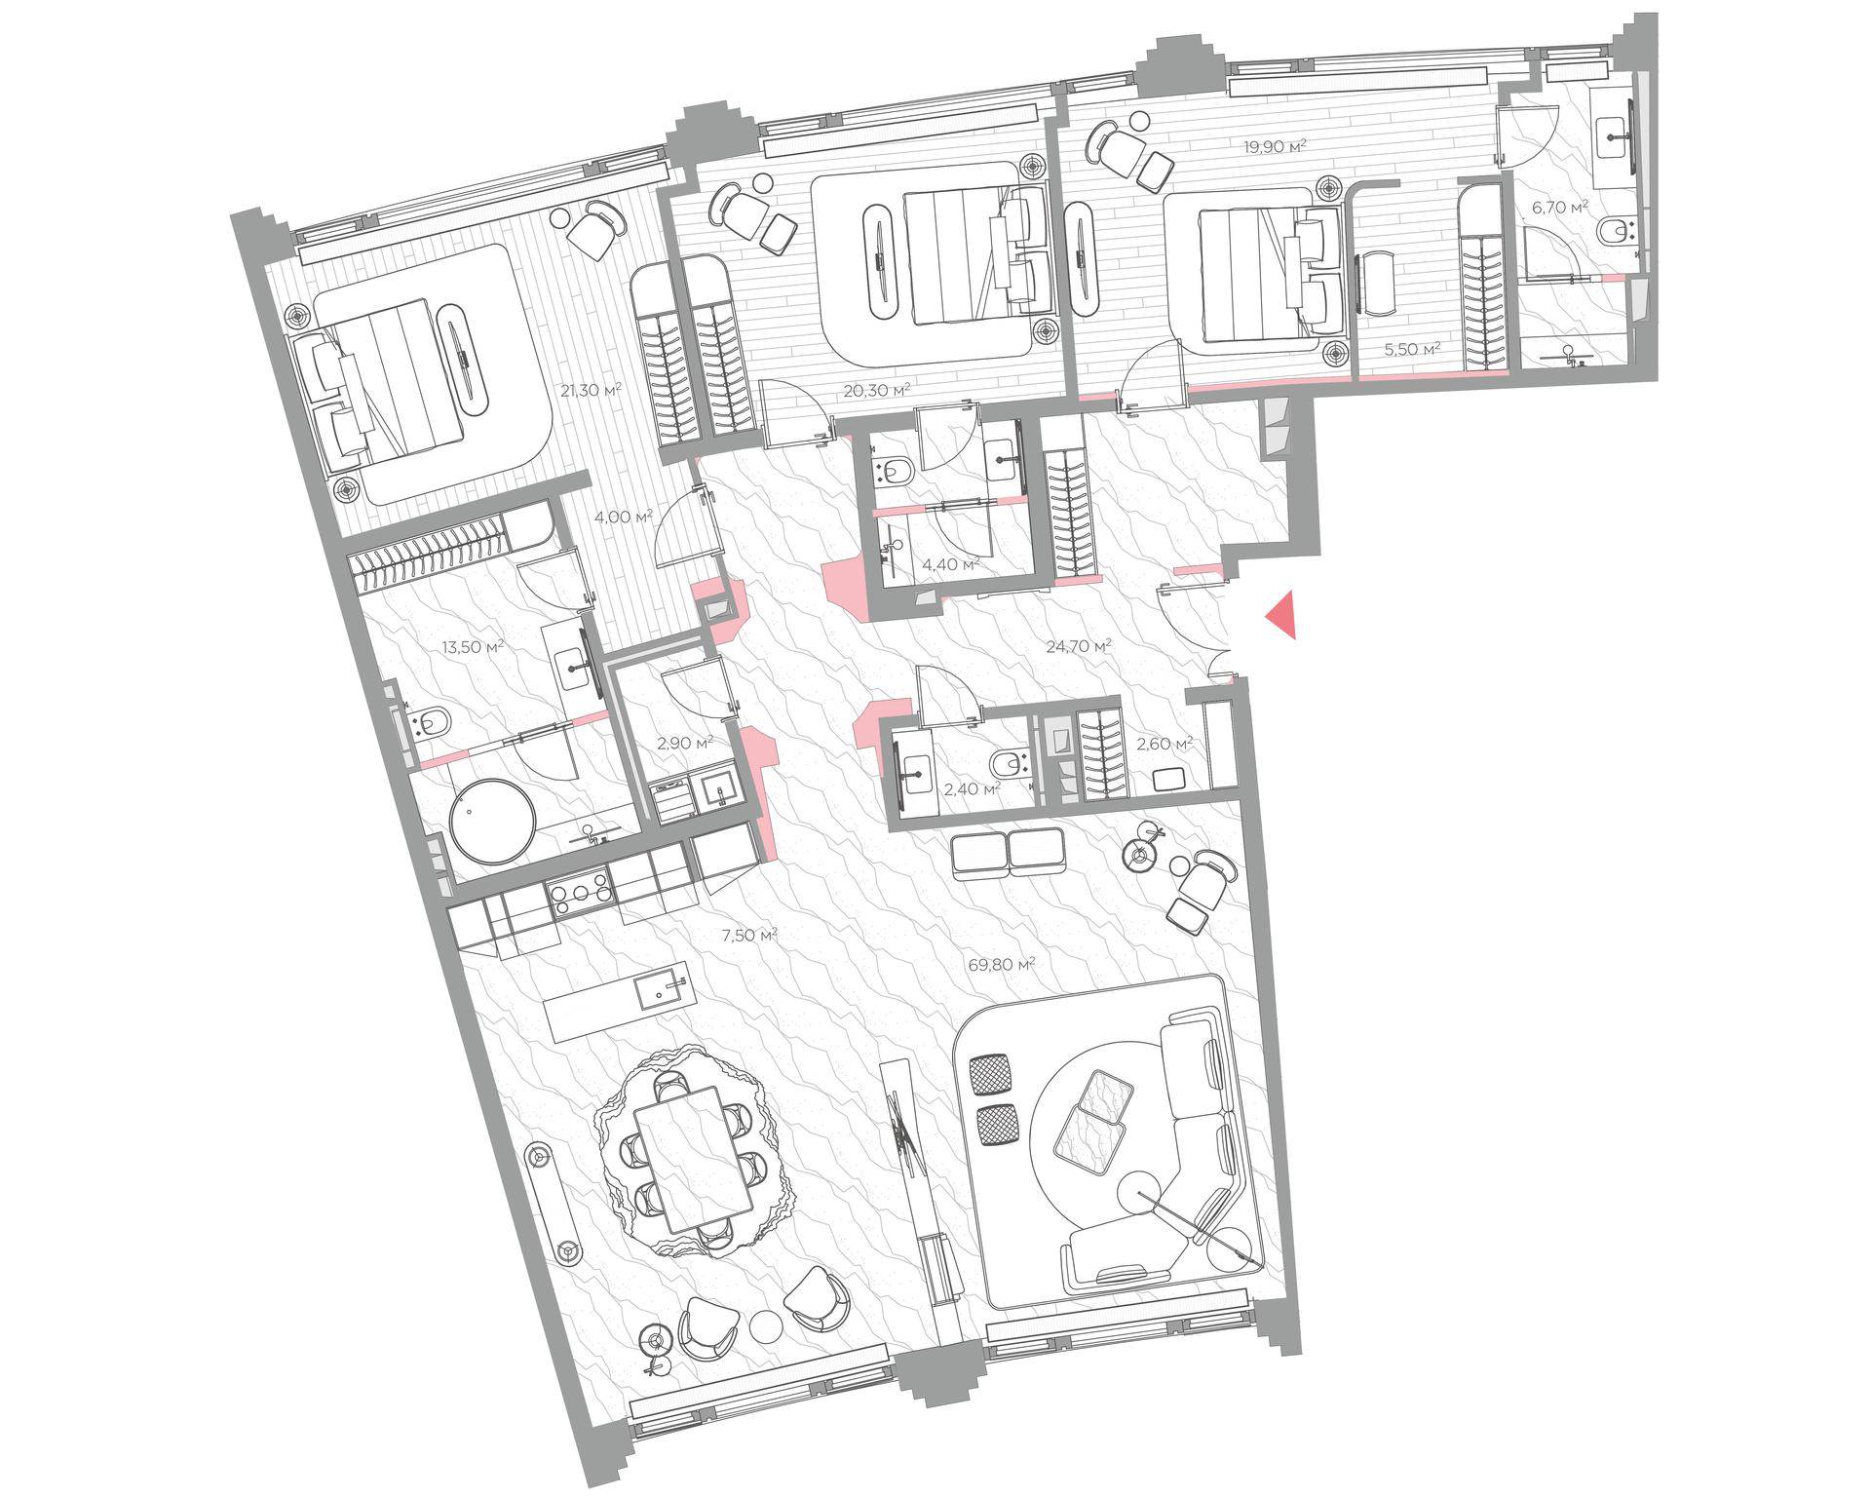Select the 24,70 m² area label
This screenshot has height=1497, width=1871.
[x=1079, y=645]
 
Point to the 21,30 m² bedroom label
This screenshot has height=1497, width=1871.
[x=591, y=390]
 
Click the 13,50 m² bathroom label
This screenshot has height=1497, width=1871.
[x=473, y=645]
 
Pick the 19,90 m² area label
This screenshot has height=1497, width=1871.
[x=1275, y=146]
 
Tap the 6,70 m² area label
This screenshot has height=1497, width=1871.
[x=1559, y=207]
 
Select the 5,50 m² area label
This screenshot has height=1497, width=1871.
[x=1412, y=348]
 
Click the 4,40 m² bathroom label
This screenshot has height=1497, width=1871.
[x=950, y=564]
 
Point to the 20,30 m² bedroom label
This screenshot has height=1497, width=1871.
[x=876, y=390]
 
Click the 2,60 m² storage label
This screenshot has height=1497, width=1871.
[x=1165, y=744]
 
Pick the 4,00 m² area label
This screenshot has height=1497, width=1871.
[x=624, y=517]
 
